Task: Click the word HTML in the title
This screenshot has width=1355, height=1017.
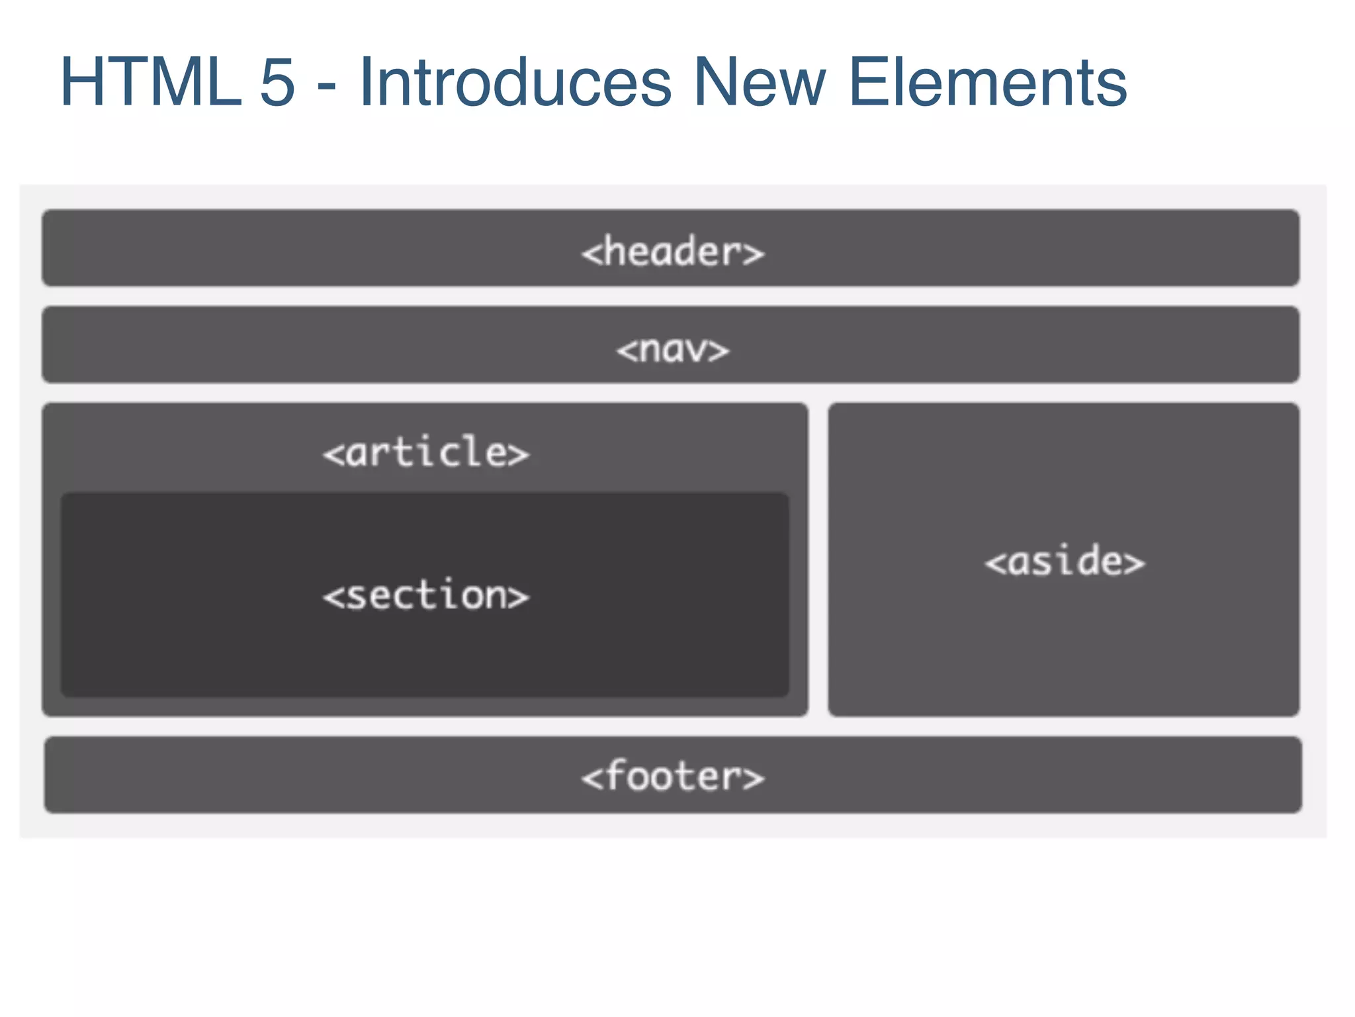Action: coord(151,82)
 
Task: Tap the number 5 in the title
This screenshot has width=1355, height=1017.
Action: coord(277,82)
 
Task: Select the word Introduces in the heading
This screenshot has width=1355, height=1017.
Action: coord(515,82)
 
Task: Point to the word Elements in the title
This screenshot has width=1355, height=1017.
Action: coord(987,82)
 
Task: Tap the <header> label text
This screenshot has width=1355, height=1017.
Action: coord(672,252)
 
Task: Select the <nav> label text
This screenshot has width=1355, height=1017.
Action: coord(672,350)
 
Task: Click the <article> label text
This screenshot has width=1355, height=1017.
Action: coord(426,453)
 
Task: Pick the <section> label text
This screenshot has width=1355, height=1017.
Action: coord(426,595)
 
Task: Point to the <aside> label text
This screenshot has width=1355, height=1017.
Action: coord(1065,561)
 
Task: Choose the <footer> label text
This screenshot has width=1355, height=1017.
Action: coord(673,776)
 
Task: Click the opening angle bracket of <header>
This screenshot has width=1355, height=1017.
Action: coord(591,254)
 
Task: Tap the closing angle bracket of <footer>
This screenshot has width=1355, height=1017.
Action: coord(753,778)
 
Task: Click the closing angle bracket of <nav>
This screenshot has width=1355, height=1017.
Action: coord(718,351)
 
